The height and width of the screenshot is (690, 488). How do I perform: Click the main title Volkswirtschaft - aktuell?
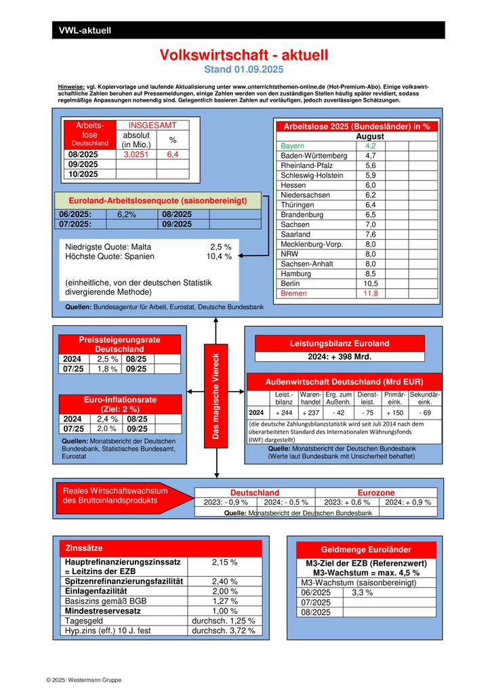click(x=243, y=55)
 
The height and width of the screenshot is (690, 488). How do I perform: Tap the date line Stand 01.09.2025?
click(x=243, y=69)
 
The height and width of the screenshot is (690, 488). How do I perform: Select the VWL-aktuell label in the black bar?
click(x=85, y=30)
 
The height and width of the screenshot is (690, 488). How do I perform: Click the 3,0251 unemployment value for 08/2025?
click(x=139, y=155)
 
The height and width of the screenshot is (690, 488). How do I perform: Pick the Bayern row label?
click(x=293, y=146)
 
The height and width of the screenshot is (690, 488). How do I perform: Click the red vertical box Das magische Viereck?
click(x=216, y=396)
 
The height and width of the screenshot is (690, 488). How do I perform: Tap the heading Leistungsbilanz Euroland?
click(x=340, y=343)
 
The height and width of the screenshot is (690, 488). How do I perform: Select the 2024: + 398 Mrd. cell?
click(x=340, y=357)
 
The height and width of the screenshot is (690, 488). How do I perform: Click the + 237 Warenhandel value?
click(x=310, y=413)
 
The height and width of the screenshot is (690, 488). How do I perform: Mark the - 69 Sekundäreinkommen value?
click(x=425, y=413)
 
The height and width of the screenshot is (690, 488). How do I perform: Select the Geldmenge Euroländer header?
click(x=366, y=550)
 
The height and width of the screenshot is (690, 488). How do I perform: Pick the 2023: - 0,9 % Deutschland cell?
click(x=225, y=502)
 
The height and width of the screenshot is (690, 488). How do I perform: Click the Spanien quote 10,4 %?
click(x=218, y=257)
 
